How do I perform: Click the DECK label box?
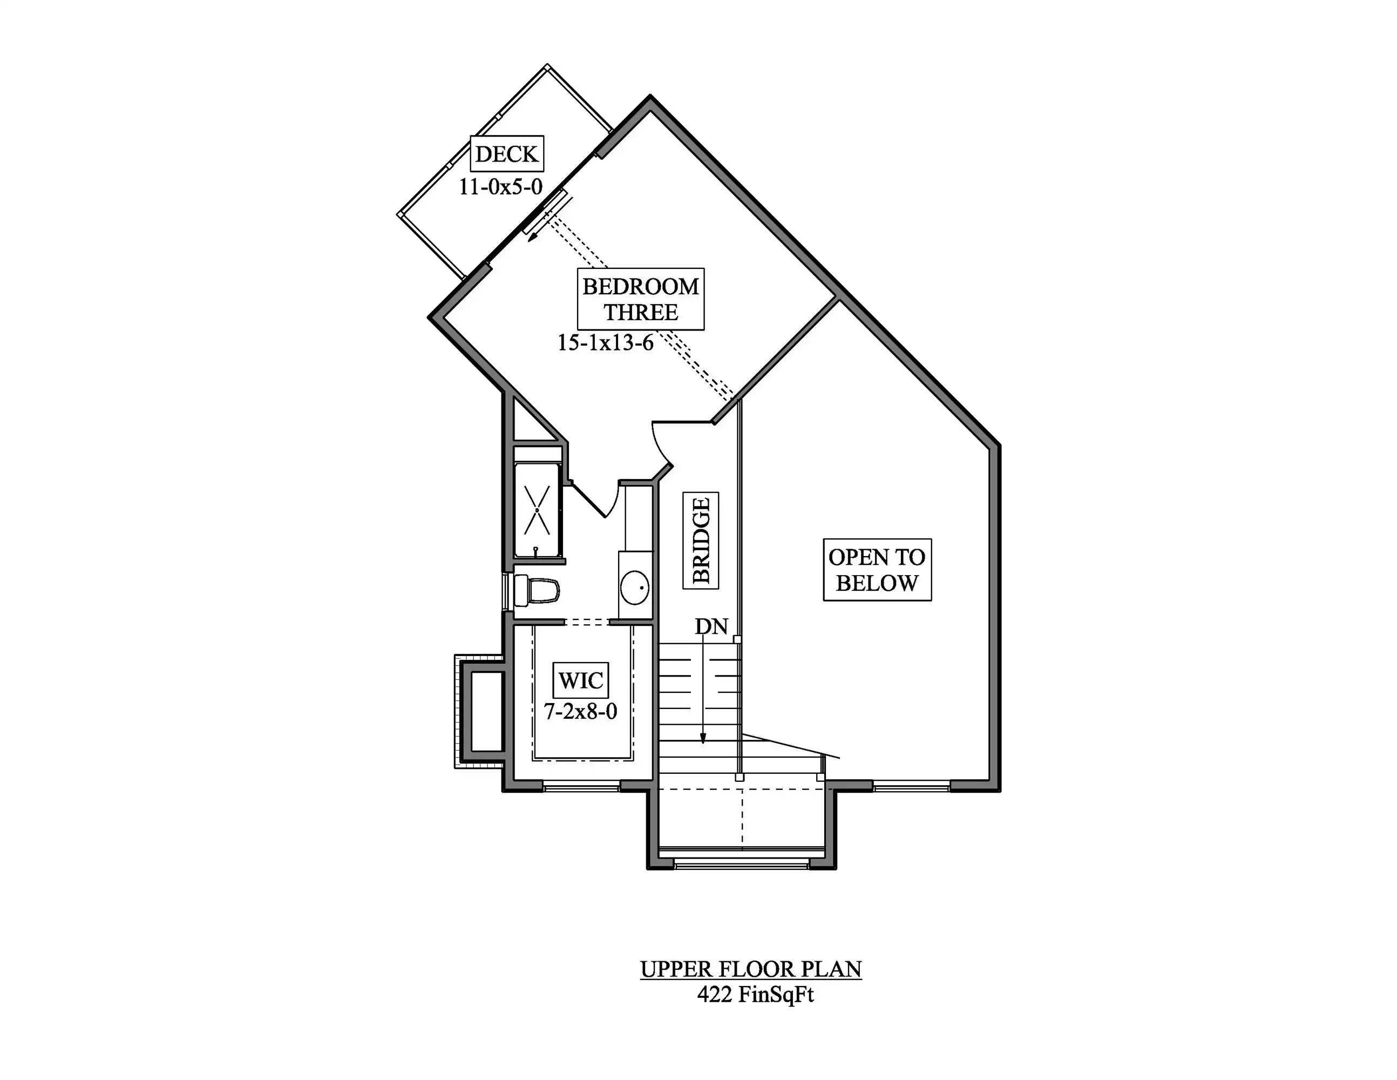[507, 153]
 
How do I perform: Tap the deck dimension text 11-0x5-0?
[501, 187]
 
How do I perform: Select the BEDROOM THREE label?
[640, 299]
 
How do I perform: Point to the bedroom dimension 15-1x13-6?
[606, 343]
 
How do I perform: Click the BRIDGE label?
[701, 540]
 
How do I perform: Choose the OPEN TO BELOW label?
[877, 570]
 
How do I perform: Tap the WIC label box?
[581, 680]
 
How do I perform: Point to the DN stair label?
[711, 626]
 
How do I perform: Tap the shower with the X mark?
[537, 509]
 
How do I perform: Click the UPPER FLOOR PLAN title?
[751, 969]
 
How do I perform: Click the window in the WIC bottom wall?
[581, 786]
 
